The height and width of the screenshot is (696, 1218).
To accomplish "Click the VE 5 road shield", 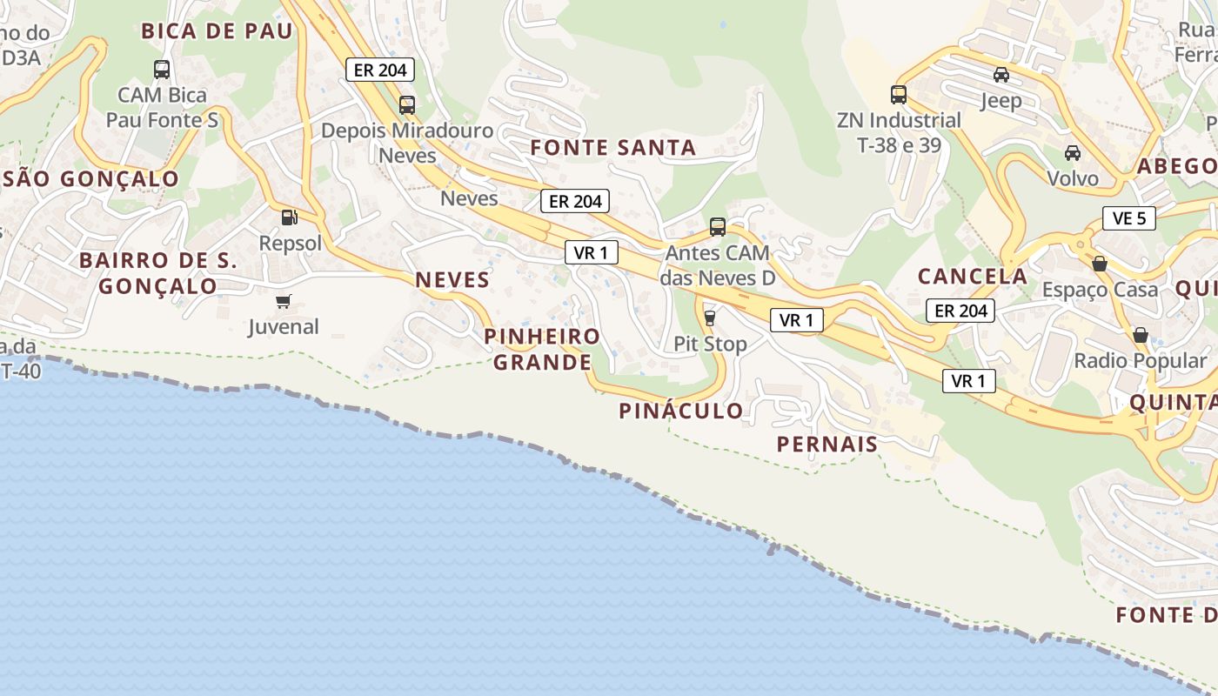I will pos(1129,218).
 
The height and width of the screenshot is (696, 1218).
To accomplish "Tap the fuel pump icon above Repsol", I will pos(289,217).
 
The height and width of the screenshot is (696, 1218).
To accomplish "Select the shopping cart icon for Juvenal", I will pos(283,301).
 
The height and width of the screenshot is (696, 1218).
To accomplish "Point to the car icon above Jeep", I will pos(1001,75).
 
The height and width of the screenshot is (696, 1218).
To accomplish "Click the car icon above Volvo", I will pos(1073,153).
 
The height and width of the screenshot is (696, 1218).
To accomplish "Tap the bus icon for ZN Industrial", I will pos(899,94).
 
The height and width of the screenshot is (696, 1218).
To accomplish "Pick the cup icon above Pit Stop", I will pos(710,318).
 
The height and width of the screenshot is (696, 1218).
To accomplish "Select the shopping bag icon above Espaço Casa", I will pos(1100,263).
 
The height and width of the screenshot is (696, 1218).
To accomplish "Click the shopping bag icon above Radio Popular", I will pos(1141,335).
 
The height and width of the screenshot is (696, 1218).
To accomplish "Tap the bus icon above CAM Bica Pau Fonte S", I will pos(162,70).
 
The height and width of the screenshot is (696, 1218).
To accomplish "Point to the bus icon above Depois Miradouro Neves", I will pos(407,105).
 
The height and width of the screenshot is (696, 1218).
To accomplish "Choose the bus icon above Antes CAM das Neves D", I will pos(718,227).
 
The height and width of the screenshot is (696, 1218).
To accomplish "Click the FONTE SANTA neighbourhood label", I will pos(613,148).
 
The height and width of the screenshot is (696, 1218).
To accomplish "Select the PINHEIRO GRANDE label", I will pos(542,349).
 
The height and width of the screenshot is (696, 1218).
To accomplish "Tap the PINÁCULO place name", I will pos(681,412).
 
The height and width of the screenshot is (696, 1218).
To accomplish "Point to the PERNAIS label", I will pos(827,445).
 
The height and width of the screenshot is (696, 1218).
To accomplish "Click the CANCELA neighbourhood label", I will pos(973,277).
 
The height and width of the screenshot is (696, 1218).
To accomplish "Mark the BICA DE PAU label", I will pos(217,31).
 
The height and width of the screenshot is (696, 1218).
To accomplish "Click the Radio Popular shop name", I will pos(1141,360).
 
